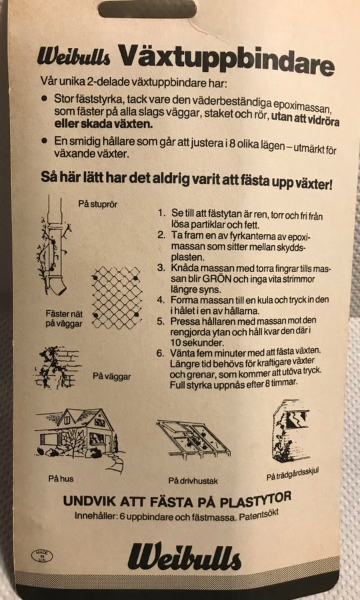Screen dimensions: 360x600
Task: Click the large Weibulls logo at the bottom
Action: [x=185, y=557]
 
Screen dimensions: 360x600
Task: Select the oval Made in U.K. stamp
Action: [x=42, y=555]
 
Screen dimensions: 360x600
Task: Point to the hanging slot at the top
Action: [x=147, y=9]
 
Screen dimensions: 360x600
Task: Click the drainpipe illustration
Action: [x=53, y=245]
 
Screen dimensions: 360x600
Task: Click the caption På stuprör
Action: [x=98, y=204]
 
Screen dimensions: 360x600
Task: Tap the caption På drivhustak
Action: [x=193, y=481]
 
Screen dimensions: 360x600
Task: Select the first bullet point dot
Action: [x=45, y=99]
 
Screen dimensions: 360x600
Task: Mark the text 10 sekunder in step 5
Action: [x=189, y=341]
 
